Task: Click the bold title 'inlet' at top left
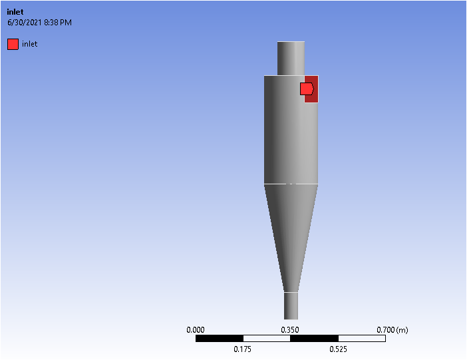(x=15, y=12)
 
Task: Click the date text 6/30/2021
(x=25, y=23)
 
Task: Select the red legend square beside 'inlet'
(x=13, y=45)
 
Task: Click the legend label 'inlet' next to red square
(x=30, y=45)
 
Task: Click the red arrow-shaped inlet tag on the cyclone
(x=307, y=89)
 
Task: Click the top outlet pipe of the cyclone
(x=291, y=58)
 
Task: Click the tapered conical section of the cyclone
(x=291, y=233)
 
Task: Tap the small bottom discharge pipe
(x=291, y=305)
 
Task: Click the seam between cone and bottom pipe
(x=291, y=291)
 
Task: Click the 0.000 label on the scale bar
(x=196, y=329)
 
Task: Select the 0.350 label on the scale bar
(x=290, y=329)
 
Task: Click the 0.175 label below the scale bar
(x=243, y=349)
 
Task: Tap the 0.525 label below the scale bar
(x=338, y=349)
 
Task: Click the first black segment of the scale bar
(x=220, y=339)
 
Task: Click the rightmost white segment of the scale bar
(x=361, y=339)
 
